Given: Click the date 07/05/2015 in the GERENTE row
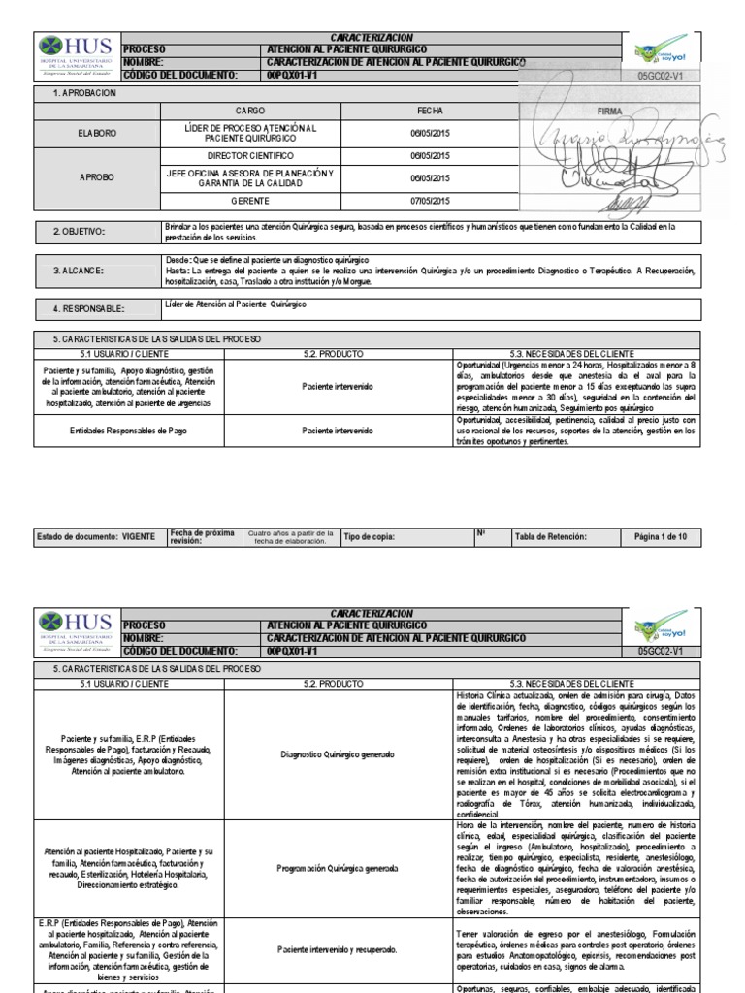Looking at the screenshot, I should click(x=430, y=201).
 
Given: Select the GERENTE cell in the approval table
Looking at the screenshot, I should click(x=250, y=201).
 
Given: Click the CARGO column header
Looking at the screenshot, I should click(x=250, y=112).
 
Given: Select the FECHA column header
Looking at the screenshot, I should click(x=430, y=112).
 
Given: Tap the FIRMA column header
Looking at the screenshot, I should click(x=610, y=112).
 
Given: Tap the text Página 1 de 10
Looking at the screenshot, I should click(x=660, y=536).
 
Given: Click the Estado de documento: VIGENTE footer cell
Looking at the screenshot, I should click(x=88, y=536).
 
